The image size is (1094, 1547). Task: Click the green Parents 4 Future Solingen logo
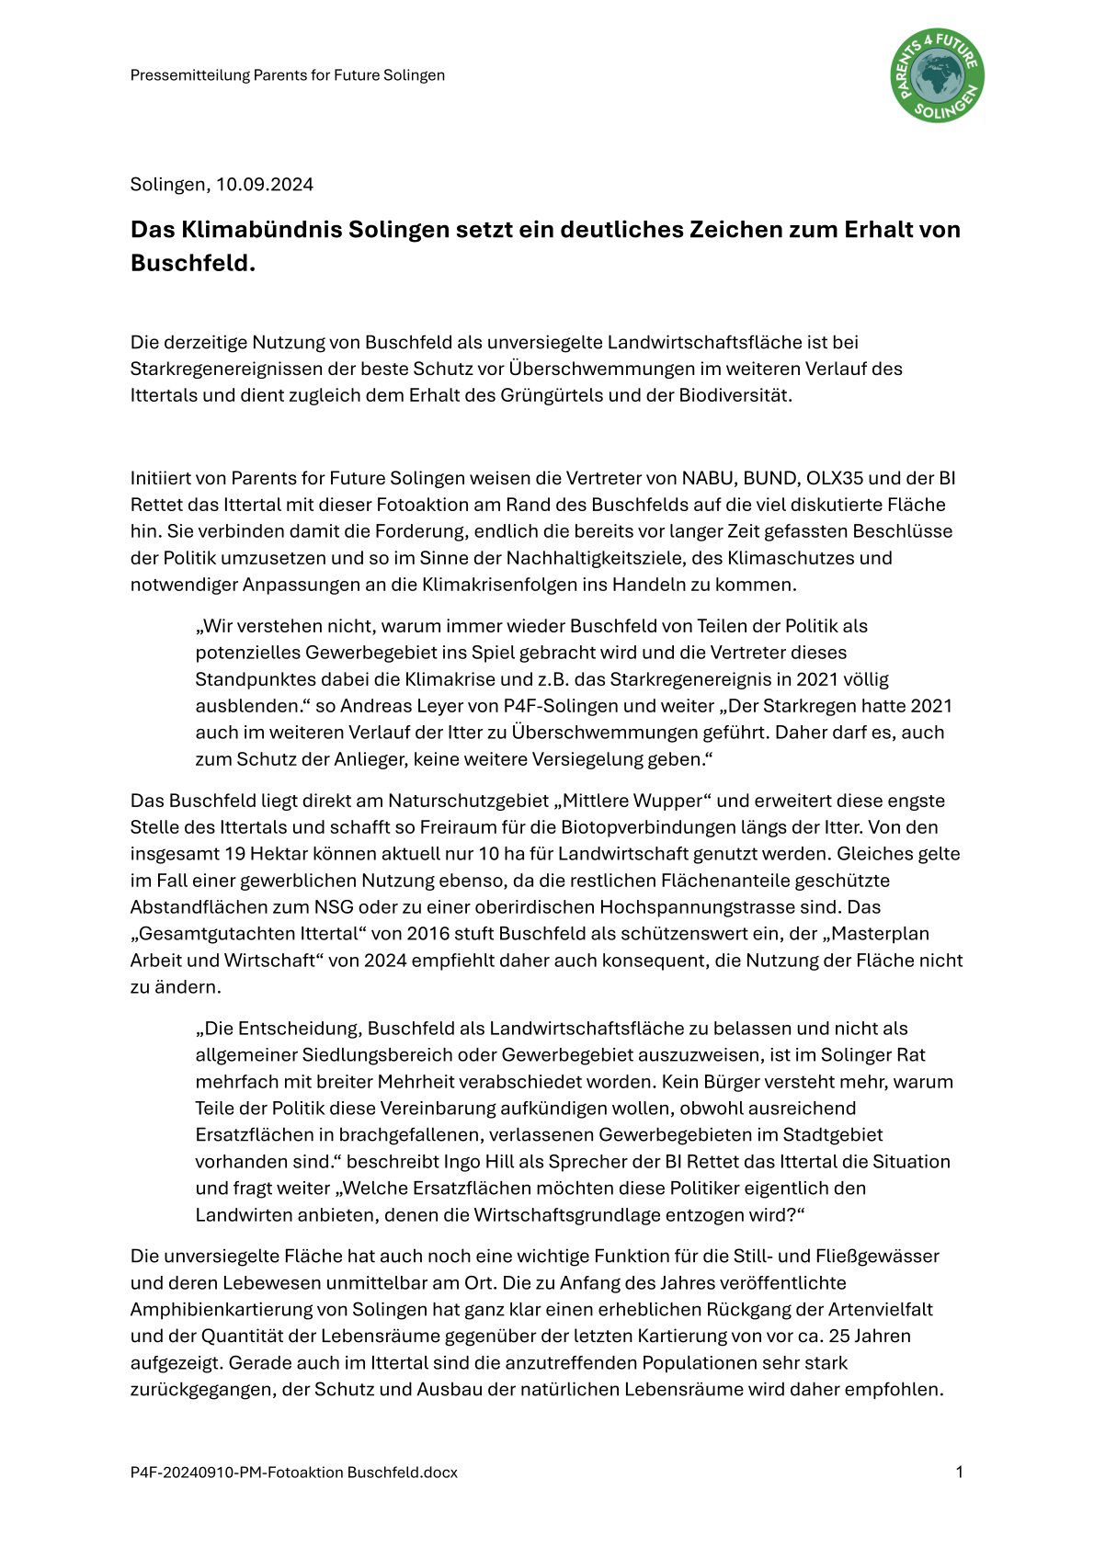pyautogui.click(x=937, y=74)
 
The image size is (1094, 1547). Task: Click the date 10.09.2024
pyautogui.click(x=265, y=185)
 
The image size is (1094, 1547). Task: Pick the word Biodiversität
pyautogui.click(x=735, y=395)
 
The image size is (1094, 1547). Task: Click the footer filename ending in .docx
pyautogui.click(x=294, y=1473)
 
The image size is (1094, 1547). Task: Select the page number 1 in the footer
pyautogui.click(x=959, y=1473)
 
